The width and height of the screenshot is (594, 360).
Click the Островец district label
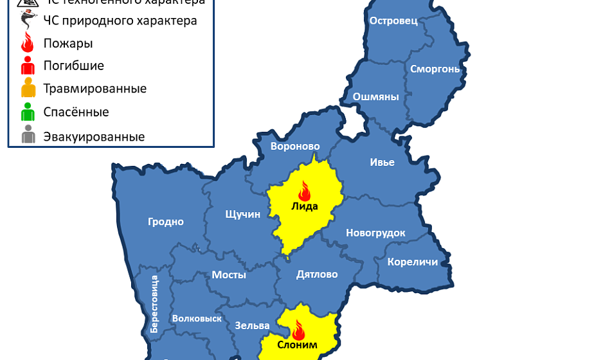coord(393,21)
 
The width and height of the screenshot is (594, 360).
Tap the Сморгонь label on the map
coord(435,69)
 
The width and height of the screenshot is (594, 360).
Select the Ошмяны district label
coord(376,97)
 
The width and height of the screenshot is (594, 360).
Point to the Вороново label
coord(295,146)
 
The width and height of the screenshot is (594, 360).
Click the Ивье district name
coord(382,162)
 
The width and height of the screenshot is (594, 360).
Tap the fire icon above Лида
coord(304,190)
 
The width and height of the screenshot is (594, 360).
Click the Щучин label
coord(243,214)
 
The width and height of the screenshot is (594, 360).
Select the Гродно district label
coord(166,222)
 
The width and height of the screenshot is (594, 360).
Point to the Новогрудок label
coord(375,233)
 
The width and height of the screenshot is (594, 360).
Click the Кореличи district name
coord(413,262)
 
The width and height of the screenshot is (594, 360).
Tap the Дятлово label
coord(317,274)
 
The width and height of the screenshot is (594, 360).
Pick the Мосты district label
coord(229,274)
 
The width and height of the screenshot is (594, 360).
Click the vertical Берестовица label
coord(154,304)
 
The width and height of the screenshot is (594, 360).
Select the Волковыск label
coord(197,318)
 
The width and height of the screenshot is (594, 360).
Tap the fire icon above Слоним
coord(298,330)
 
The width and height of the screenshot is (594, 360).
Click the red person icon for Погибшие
coord(28,66)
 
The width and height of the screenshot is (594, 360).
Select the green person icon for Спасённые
coord(28,113)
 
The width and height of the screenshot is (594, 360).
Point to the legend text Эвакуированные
coord(94,136)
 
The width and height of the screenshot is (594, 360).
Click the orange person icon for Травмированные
coord(28,89)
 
